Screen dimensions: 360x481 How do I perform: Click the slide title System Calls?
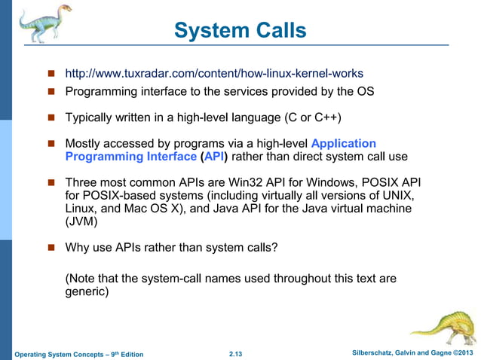click(240, 30)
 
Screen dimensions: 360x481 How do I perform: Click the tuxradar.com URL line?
click(214, 74)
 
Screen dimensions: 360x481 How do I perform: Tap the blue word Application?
click(343, 143)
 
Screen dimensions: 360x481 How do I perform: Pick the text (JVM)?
click(82, 223)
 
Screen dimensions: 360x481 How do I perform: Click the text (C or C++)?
click(306, 118)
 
